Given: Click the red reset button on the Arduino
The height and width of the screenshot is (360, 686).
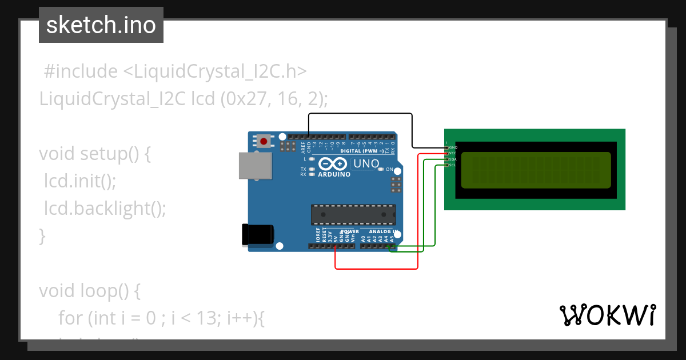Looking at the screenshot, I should pyautogui.click(x=264, y=141).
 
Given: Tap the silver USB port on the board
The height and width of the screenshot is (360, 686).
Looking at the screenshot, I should pyautogui.click(x=255, y=166).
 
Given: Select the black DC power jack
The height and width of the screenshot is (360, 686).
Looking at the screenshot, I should pyautogui.click(x=258, y=235).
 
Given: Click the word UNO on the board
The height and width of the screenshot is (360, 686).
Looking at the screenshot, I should pyautogui.click(x=366, y=164).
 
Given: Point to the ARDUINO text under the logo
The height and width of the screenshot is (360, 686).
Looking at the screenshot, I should pyautogui.click(x=334, y=174).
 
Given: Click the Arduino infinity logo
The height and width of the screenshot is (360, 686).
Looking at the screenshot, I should pyautogui.click(x=333, y=164).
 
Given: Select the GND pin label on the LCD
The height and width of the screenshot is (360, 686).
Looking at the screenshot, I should pyautogui.click(x=453, y=147).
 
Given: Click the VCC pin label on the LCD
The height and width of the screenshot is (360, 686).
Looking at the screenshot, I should pyautogui.click(x=453, y=153).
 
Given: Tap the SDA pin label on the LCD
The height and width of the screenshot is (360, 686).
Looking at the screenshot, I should pyautogui.click(x=453, y=159).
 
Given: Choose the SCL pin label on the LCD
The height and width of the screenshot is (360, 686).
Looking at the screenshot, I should pyautogui.click(x=453, y=165).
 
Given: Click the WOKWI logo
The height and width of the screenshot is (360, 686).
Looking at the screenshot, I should pyautogui.click(x=608, y=315).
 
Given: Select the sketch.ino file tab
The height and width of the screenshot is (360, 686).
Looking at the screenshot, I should pyautogui.click(x=101, y=25).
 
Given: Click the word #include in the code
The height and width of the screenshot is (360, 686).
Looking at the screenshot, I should pyautogui.click(x=80, y=71).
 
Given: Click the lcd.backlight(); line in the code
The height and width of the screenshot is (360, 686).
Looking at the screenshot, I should pyautogui.click(x=105, y=209).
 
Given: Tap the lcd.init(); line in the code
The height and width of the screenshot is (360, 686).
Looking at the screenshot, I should pyautogui.click(x=80, y=181).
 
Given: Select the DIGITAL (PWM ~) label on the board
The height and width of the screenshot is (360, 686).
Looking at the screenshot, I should pyautogui.click(x=370, y=151).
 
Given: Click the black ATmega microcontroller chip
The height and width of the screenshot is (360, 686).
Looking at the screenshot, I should pyautogui.click(x=353, y=214).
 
